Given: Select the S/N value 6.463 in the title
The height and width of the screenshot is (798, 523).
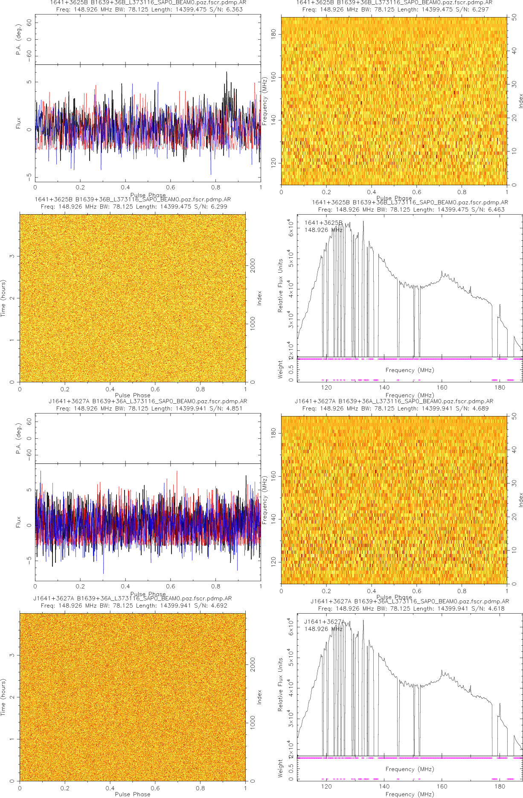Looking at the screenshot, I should tap(496, 210).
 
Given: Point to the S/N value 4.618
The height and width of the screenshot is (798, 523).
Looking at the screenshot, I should tap(496, 609).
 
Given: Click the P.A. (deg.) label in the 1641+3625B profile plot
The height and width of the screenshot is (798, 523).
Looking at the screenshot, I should tap(18, 40).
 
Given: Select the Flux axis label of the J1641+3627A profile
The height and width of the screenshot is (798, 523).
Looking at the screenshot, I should tap(18, 522).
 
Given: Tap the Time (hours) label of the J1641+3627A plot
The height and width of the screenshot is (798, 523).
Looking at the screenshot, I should tap(3, 697).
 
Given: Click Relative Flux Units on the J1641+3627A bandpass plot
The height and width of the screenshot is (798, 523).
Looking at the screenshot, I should tap(280, 684).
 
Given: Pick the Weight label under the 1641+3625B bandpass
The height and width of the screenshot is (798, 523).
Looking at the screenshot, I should tap(280, 369).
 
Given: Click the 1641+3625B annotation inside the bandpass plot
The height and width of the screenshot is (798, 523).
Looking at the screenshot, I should tap(323, 223).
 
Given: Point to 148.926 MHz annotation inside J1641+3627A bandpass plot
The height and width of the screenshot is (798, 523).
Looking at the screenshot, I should tap(323, 629).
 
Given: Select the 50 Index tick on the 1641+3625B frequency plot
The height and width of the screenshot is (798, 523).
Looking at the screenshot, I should tap(514, 17).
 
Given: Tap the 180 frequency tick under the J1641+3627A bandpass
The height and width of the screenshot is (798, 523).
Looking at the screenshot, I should tap(500, 786).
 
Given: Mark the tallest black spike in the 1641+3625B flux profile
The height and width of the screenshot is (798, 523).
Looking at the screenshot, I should tap(227, 73).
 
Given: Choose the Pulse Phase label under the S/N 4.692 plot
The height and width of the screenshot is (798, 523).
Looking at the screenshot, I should tap(133, 794).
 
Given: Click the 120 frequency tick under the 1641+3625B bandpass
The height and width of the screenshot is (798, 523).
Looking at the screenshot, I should tap(326, 387).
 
